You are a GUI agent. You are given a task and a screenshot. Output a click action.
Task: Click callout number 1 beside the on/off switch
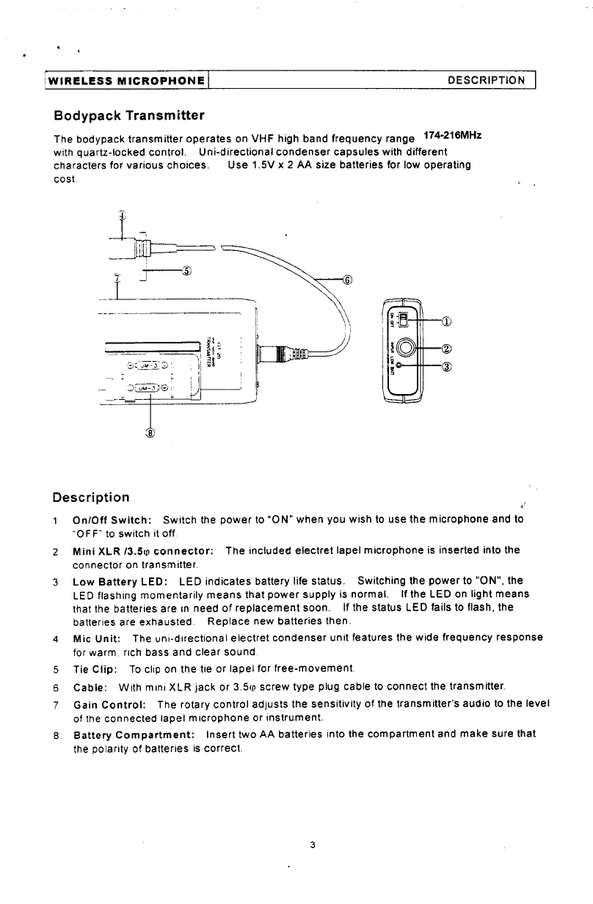click(447, 320)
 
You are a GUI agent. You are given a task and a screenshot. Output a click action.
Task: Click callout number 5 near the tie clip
click(187, 270)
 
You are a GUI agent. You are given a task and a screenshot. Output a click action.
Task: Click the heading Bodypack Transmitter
click(129, 116)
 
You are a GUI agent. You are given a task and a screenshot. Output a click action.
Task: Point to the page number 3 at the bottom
click(313, 846)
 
